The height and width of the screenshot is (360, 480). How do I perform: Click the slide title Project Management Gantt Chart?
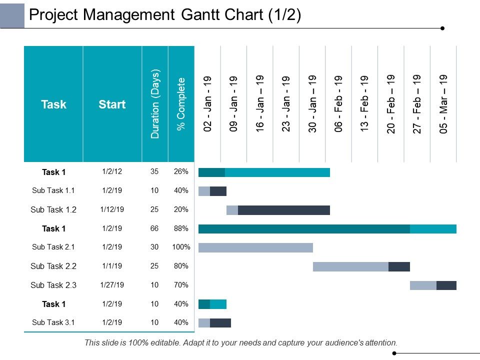pos(165,15)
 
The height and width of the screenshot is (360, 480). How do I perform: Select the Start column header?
pos(112,104)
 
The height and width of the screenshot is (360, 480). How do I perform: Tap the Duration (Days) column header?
pos(155,104)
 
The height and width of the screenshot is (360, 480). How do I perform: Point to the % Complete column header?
pos(181,104)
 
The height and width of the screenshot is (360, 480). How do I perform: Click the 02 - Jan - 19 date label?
pos(208,104)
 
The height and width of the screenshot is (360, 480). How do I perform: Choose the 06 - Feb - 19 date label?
pos(339,104)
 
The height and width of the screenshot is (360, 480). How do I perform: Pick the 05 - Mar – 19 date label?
pos(443,104)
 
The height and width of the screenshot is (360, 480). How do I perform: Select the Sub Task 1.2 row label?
pos(53,210)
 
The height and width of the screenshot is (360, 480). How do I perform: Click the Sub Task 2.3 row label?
pos(53,285)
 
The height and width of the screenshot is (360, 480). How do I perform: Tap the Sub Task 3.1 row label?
pos(53,322)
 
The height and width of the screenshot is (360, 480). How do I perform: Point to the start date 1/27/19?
pos(112,285)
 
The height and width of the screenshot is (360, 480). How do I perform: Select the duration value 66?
pos(154,228)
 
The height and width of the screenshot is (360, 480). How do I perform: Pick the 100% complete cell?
pos(181,247)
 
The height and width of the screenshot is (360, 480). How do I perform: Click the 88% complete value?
pos(181,228)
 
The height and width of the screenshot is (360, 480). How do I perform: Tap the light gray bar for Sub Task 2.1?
pos(255,247)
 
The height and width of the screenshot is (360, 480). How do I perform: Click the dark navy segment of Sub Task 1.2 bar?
pos(283,210)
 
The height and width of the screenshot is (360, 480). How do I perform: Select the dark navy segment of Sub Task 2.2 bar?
pos(399,266)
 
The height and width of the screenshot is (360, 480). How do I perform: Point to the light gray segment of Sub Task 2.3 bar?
pos(423,285)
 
